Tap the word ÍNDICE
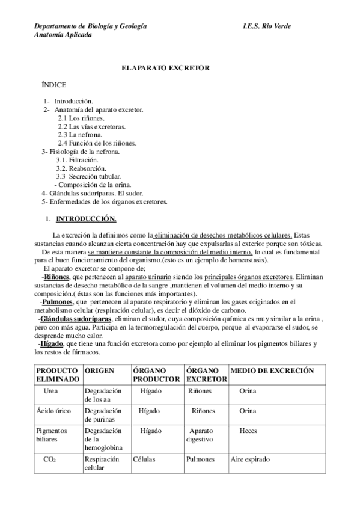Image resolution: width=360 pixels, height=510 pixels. [x=54, y=87]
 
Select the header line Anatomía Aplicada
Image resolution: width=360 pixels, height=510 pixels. [x=63, y=35]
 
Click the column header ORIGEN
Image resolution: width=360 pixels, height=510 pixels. [x=99, y=371]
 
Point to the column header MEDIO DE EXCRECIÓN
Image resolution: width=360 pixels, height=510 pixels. [x=272, y=371]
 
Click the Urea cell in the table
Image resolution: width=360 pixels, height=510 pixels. [x=50, y=392]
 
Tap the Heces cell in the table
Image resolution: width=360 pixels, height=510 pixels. [x=248, y=431]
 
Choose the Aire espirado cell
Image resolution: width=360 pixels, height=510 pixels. [x=250, y=459]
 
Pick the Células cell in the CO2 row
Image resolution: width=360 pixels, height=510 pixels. [x=144, y=459]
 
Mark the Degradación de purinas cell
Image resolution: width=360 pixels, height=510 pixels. [x=103, y=416]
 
